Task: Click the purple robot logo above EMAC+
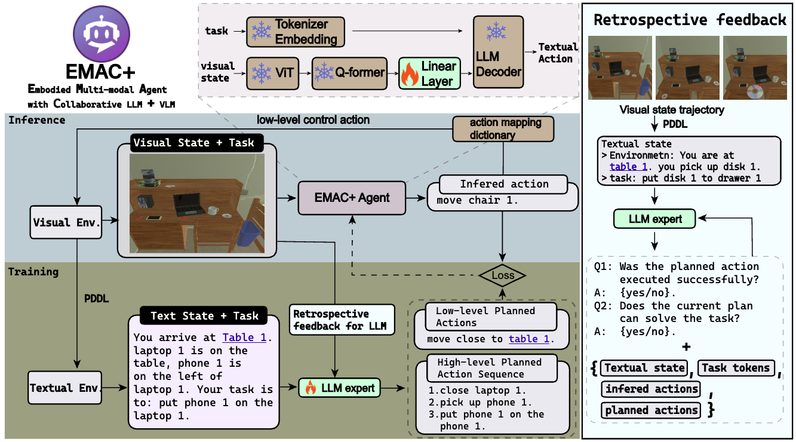(102, 34)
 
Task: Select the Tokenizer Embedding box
(296, 32)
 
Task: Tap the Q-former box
(349, 73)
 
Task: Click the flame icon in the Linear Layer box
(410, 74)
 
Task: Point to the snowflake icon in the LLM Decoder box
(496, 31)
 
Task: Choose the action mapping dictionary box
(503, 129)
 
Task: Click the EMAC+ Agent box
(352, 198)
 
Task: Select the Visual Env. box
(66, 222)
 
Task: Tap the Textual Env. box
(64, 388)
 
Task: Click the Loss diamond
(502, 275)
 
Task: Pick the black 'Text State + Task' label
(204, 315)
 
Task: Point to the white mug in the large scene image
(213, 210)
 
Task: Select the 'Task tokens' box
(736, 368)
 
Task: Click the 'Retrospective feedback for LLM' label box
(342, 320)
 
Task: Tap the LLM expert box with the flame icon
(339, 388)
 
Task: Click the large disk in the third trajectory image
(755, 91)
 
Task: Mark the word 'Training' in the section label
(33, 272)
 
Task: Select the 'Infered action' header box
(503, 184)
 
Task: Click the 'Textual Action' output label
(557, 53)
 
